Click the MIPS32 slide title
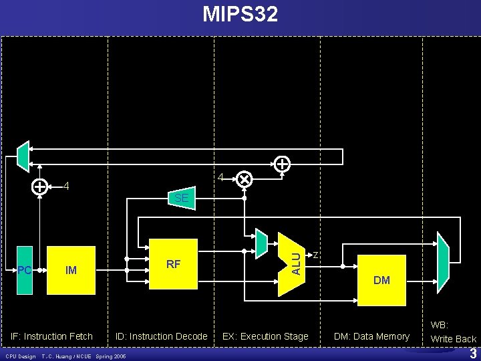[240, 14]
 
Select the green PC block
[25, 270]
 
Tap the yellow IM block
[71, 270]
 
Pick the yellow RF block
[174, 264]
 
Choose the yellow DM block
[381, 279]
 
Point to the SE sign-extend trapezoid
[182, 198]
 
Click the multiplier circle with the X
[245, 179]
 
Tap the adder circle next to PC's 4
[41, 187]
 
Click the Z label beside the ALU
[315, 255]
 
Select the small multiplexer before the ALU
[261, 244]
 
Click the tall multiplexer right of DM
[443, 258]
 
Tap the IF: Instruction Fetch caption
[52, 336]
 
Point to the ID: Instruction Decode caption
[162, 336]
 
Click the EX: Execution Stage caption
[265, 336]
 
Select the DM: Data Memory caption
[371, 336]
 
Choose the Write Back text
[454, 339]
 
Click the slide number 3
[472, 353]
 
